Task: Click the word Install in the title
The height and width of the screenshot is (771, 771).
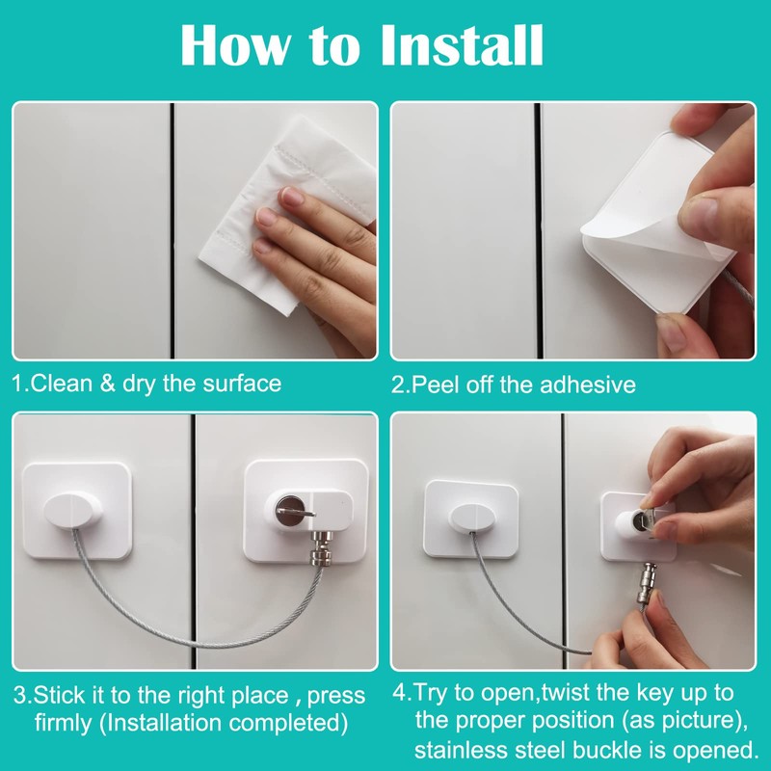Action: tap(461, 44)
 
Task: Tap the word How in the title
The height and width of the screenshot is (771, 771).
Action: tap(234, 44)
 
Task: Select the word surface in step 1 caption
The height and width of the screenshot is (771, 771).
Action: tap(242, 384)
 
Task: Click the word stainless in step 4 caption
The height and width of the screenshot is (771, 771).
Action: tap(461, 750)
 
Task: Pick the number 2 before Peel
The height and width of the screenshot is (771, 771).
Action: tap(396, 385)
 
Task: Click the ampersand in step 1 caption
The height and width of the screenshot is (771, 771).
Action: tap(107, 384)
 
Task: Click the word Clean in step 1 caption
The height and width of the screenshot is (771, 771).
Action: tap(61, 384)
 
